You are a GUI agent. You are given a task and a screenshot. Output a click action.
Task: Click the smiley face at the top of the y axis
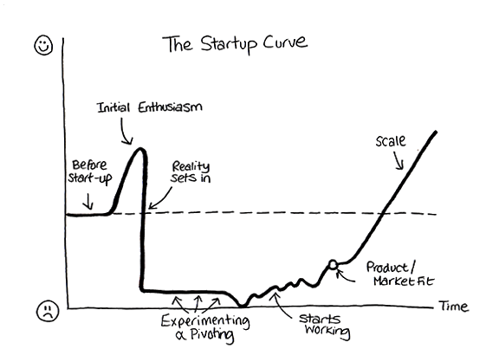[43, 45]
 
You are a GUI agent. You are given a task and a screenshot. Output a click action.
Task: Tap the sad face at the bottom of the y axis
[48, 311]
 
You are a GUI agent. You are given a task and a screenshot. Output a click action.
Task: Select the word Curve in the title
[285, 42]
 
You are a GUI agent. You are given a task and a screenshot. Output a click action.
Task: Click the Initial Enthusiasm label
[149, 107]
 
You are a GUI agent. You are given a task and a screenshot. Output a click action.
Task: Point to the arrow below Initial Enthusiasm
[124, 132]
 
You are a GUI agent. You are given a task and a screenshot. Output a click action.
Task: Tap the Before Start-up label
[90, 171]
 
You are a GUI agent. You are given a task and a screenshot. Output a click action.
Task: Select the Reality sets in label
[191, 171]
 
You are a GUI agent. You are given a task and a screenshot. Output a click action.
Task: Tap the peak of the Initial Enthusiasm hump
[140, 149]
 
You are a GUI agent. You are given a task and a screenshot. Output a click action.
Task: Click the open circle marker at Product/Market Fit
[333, 264]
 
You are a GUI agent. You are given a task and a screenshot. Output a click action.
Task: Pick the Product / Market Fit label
[400, 274]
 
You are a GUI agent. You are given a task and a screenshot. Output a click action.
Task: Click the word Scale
[391, 141]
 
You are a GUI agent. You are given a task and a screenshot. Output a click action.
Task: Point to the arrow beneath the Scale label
[399, 160]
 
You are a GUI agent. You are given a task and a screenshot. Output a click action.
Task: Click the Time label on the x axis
[453, 306]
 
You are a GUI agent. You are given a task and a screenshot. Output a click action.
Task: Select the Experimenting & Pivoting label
[205, 327]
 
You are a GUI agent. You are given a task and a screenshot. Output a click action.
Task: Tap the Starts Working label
[325, 325]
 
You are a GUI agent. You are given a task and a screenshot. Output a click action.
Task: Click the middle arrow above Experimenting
[197, 303]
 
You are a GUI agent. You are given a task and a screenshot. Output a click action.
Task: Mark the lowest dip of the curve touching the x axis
[243, 306]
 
